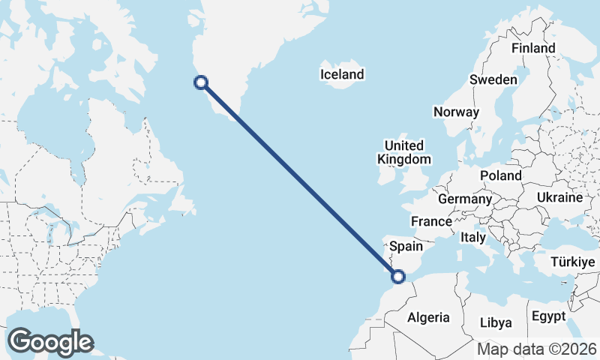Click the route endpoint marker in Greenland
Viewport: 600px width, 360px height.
coord(200,83)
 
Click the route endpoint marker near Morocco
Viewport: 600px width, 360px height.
coord(398,277)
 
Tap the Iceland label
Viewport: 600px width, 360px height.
coord(341,74)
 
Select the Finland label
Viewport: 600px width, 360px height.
coord(533,48)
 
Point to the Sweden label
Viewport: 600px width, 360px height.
coord(493,79)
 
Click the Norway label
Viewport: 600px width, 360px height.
coord(456,112)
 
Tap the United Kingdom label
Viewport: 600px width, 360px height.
coord(404,152)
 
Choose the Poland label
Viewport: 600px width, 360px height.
coord(501,175)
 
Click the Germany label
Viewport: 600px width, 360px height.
coord(464,199)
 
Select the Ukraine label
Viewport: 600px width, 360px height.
coord(559,197)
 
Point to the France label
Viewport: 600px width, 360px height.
coord(431,221)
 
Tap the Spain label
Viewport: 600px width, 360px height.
coord(406,246)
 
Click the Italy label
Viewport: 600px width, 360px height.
coord(473,237)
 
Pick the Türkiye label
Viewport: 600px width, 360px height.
coord(572,262)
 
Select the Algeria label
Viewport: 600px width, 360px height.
coord(428,317)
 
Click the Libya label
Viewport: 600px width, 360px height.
coord(495,322)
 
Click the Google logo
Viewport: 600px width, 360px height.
coord(50,342)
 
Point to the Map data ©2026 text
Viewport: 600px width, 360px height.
coord(536,349)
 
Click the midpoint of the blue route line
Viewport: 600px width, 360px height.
coord(299,180)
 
